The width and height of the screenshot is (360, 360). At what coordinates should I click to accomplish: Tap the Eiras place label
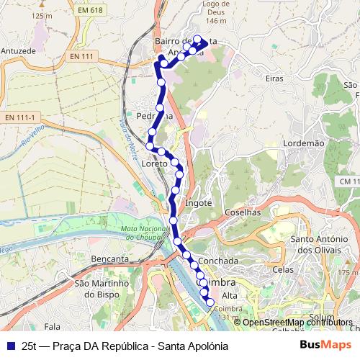tap(274, 78)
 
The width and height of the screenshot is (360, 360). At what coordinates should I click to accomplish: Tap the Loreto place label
tap(155, 164)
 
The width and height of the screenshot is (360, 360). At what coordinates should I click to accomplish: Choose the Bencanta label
tap(111, 258)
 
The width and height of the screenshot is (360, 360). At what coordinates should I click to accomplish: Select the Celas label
tap(282, 270)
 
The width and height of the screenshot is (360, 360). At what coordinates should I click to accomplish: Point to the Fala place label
tap(52, 326)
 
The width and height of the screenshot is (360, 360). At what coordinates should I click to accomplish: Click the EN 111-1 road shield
tap(19, 117)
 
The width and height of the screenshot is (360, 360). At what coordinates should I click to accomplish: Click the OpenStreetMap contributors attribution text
tap(297, 322)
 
